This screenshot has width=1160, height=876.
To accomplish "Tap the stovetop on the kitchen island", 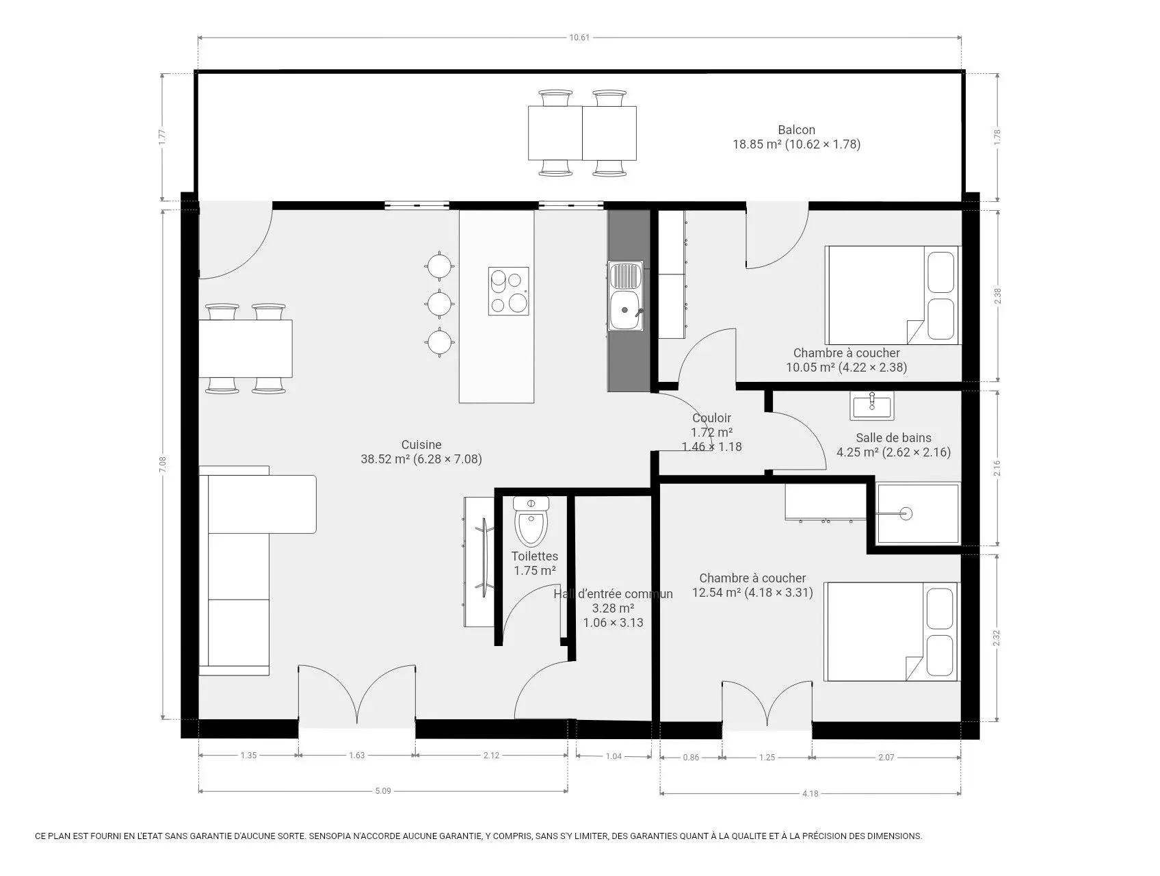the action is pos(508,291).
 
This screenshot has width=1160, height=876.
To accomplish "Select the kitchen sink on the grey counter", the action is pos(626,296).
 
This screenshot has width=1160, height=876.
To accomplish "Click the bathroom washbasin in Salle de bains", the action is pos(871,406).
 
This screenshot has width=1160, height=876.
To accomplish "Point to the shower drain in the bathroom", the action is pos(906,513).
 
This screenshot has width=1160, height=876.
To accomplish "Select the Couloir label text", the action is pos(711,417).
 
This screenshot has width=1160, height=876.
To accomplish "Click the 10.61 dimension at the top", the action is pos(579,37).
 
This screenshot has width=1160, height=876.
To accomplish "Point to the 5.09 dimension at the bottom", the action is pos(383,791).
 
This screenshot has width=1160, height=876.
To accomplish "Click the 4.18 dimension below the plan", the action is pos(810,794).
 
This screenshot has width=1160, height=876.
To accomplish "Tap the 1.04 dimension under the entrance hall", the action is pos(614,756).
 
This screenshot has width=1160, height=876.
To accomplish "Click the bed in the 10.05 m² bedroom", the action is pos(893,295).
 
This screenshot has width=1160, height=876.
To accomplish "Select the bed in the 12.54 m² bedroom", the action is pos(892,632).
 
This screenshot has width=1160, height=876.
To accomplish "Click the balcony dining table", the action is pos(582,132).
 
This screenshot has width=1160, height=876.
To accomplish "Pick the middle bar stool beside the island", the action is pos(438,302).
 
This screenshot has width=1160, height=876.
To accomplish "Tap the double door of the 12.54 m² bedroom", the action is pos(767,704).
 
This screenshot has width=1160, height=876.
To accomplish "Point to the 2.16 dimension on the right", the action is pos(997,468).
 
